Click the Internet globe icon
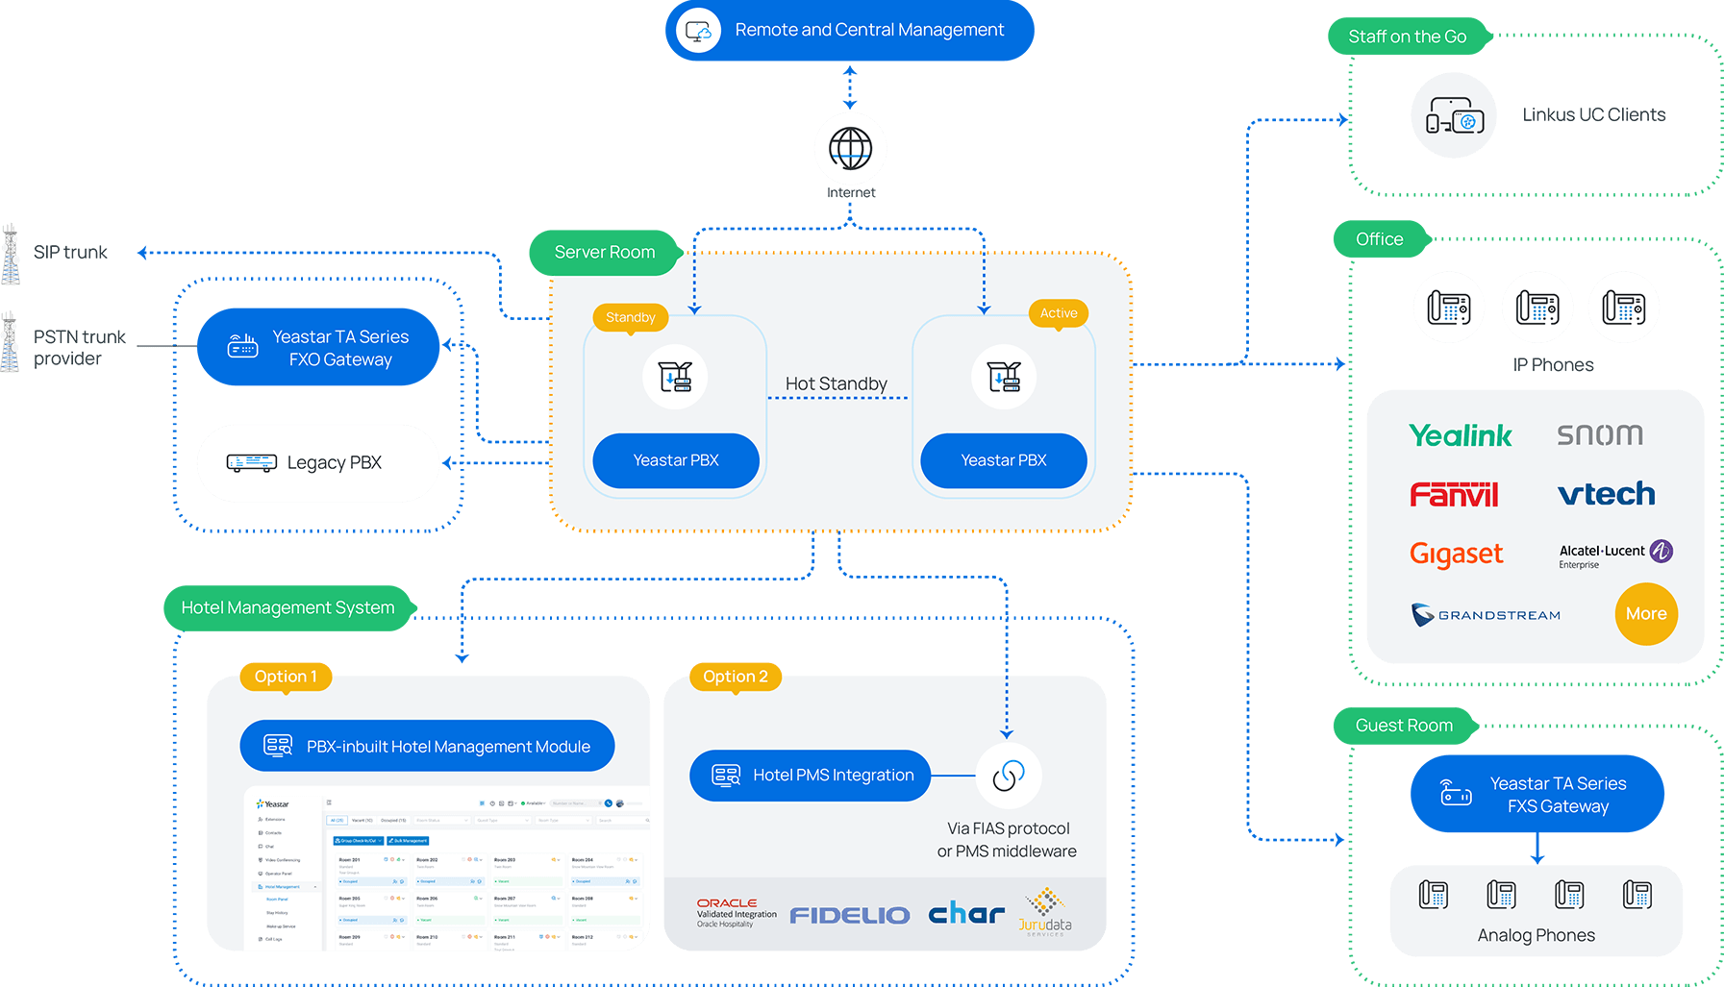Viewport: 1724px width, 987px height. click(850, 148)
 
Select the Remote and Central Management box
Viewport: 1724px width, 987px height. click(849, 30)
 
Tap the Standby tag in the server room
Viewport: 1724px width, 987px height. click(631, 317)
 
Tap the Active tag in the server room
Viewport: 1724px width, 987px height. click(1059, 313)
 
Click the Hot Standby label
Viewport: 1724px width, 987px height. click(836, 383)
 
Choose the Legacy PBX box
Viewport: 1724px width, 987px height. click(318, 463)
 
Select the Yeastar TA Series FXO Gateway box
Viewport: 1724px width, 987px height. click(318, 347)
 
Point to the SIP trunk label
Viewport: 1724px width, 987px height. click(70, 252)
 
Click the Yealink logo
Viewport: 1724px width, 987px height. click(1460, 435)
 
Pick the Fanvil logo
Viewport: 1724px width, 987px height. click(1454, 495)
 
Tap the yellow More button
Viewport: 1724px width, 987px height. click(1645, 614)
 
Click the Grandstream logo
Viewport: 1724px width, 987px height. click(1486, 615)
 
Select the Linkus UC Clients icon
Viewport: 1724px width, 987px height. click(1454, 115)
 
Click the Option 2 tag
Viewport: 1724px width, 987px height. click(736, 677)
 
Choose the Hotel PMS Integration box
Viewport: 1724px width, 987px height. click(810, 776)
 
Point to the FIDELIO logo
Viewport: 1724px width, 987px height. click(850, 915)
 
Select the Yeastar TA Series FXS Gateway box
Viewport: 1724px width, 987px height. click(1537, 795)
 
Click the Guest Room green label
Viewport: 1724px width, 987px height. click(1404, 726)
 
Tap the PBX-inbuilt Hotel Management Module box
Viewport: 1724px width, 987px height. click(427, 747)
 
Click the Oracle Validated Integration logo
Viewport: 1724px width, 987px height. click(736, 912)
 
